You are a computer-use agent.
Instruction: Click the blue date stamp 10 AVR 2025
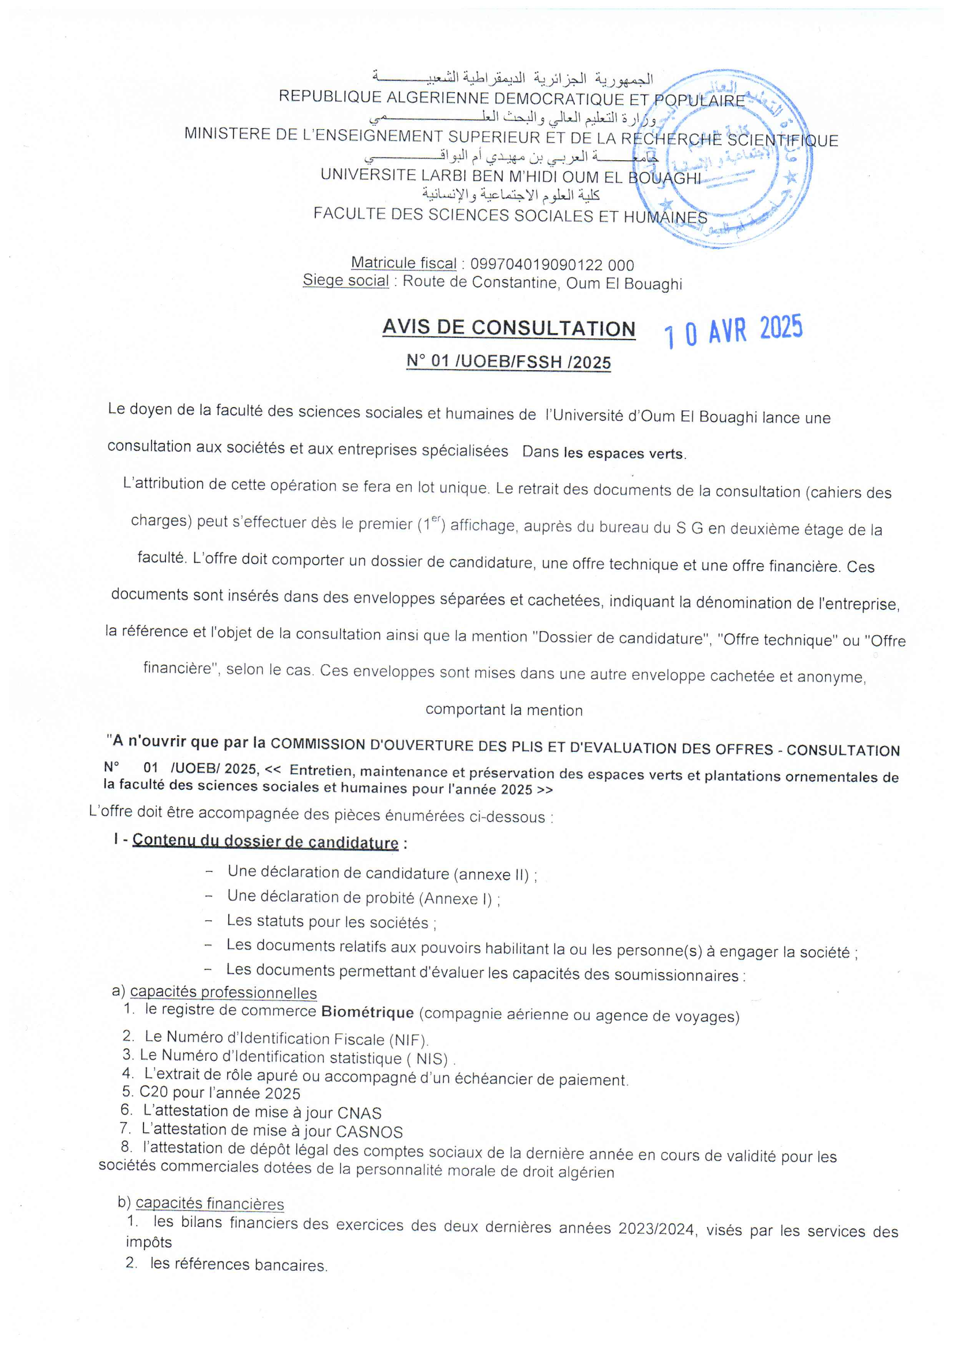pos(733,330)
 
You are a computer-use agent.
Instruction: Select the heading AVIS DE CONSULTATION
pos(508,327)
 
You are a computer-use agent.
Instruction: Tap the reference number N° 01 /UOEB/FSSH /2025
pos(508,362)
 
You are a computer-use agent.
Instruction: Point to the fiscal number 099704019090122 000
pos(552,265)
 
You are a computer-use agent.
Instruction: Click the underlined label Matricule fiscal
pos(404,263)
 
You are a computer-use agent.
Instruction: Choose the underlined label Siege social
pos(345,281)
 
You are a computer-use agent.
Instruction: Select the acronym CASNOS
pos(370,1131)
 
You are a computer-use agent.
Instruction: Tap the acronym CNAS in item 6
pos(359,1113)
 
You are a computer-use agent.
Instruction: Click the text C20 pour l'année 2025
pos(220,1093)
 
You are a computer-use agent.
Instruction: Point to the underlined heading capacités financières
pos(210,1204)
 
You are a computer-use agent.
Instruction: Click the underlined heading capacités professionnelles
pos(223,993)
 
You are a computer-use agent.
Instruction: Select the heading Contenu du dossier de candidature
pos(265,841)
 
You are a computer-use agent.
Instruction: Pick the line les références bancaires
pos(239,1264)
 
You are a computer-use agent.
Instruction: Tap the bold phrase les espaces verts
pos(624,453)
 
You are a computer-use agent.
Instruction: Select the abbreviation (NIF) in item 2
pos(409,1040)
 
